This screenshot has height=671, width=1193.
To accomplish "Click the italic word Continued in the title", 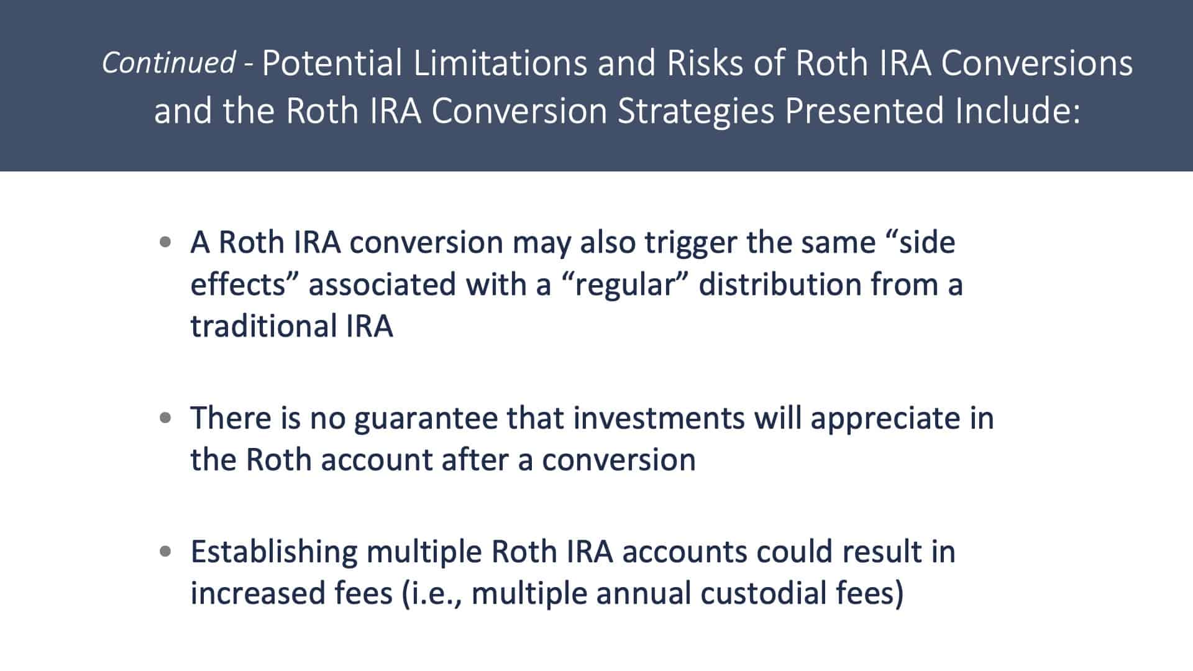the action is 168,63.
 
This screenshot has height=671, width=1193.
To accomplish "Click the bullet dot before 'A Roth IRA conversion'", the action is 165,242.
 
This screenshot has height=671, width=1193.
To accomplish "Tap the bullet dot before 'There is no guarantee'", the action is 165,418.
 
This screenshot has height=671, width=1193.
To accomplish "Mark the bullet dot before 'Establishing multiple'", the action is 165,551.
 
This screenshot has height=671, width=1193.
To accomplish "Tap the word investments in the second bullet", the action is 659,418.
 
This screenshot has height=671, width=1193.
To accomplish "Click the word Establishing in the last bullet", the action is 274,552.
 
